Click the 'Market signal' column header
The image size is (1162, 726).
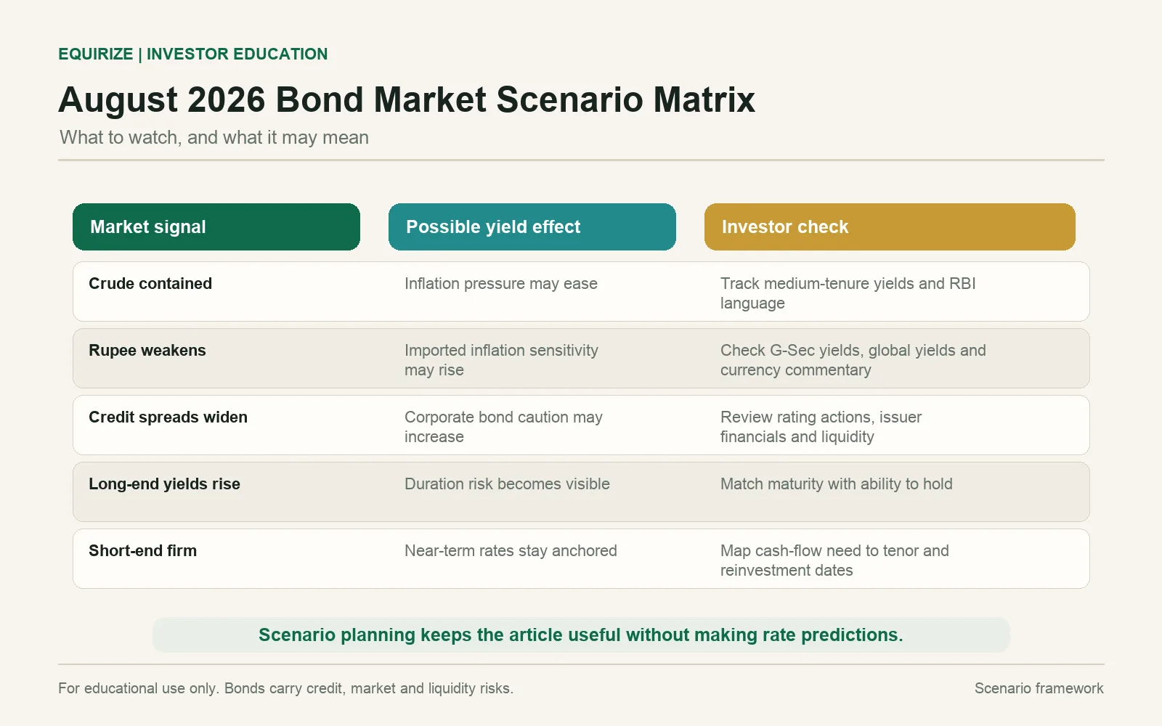click(x=216, y=227)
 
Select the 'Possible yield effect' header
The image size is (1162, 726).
click(x=532, y=227)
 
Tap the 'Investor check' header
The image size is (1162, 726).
click(x=890, y=227)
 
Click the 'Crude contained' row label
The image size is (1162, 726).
click(x=150, y=284)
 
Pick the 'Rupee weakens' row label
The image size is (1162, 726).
click(x=147, y=351)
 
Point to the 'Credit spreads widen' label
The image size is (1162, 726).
click(x=168, y=417)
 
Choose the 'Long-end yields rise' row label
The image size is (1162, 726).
click(x=164, y=484)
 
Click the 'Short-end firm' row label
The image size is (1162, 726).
click(x=142, y=551)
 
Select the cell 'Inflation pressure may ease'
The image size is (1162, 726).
click(x=501, y=284)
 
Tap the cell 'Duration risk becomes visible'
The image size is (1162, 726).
click(x=508, y=484)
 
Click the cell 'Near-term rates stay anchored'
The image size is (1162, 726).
click(x=511, y=551)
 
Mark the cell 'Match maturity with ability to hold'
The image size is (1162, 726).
click(x=837, y=484)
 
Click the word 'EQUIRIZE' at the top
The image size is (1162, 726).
click(x=95, y=54)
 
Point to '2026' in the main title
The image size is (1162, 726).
click(x=226, y=99)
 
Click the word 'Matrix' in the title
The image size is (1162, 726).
click(x=704, y=99)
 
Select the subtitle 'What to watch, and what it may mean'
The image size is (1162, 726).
click(x=214, y=137)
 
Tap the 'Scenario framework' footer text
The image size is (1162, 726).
click(x=1039, y=688)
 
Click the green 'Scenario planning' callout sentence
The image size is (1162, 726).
click(x=581, y=635)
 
